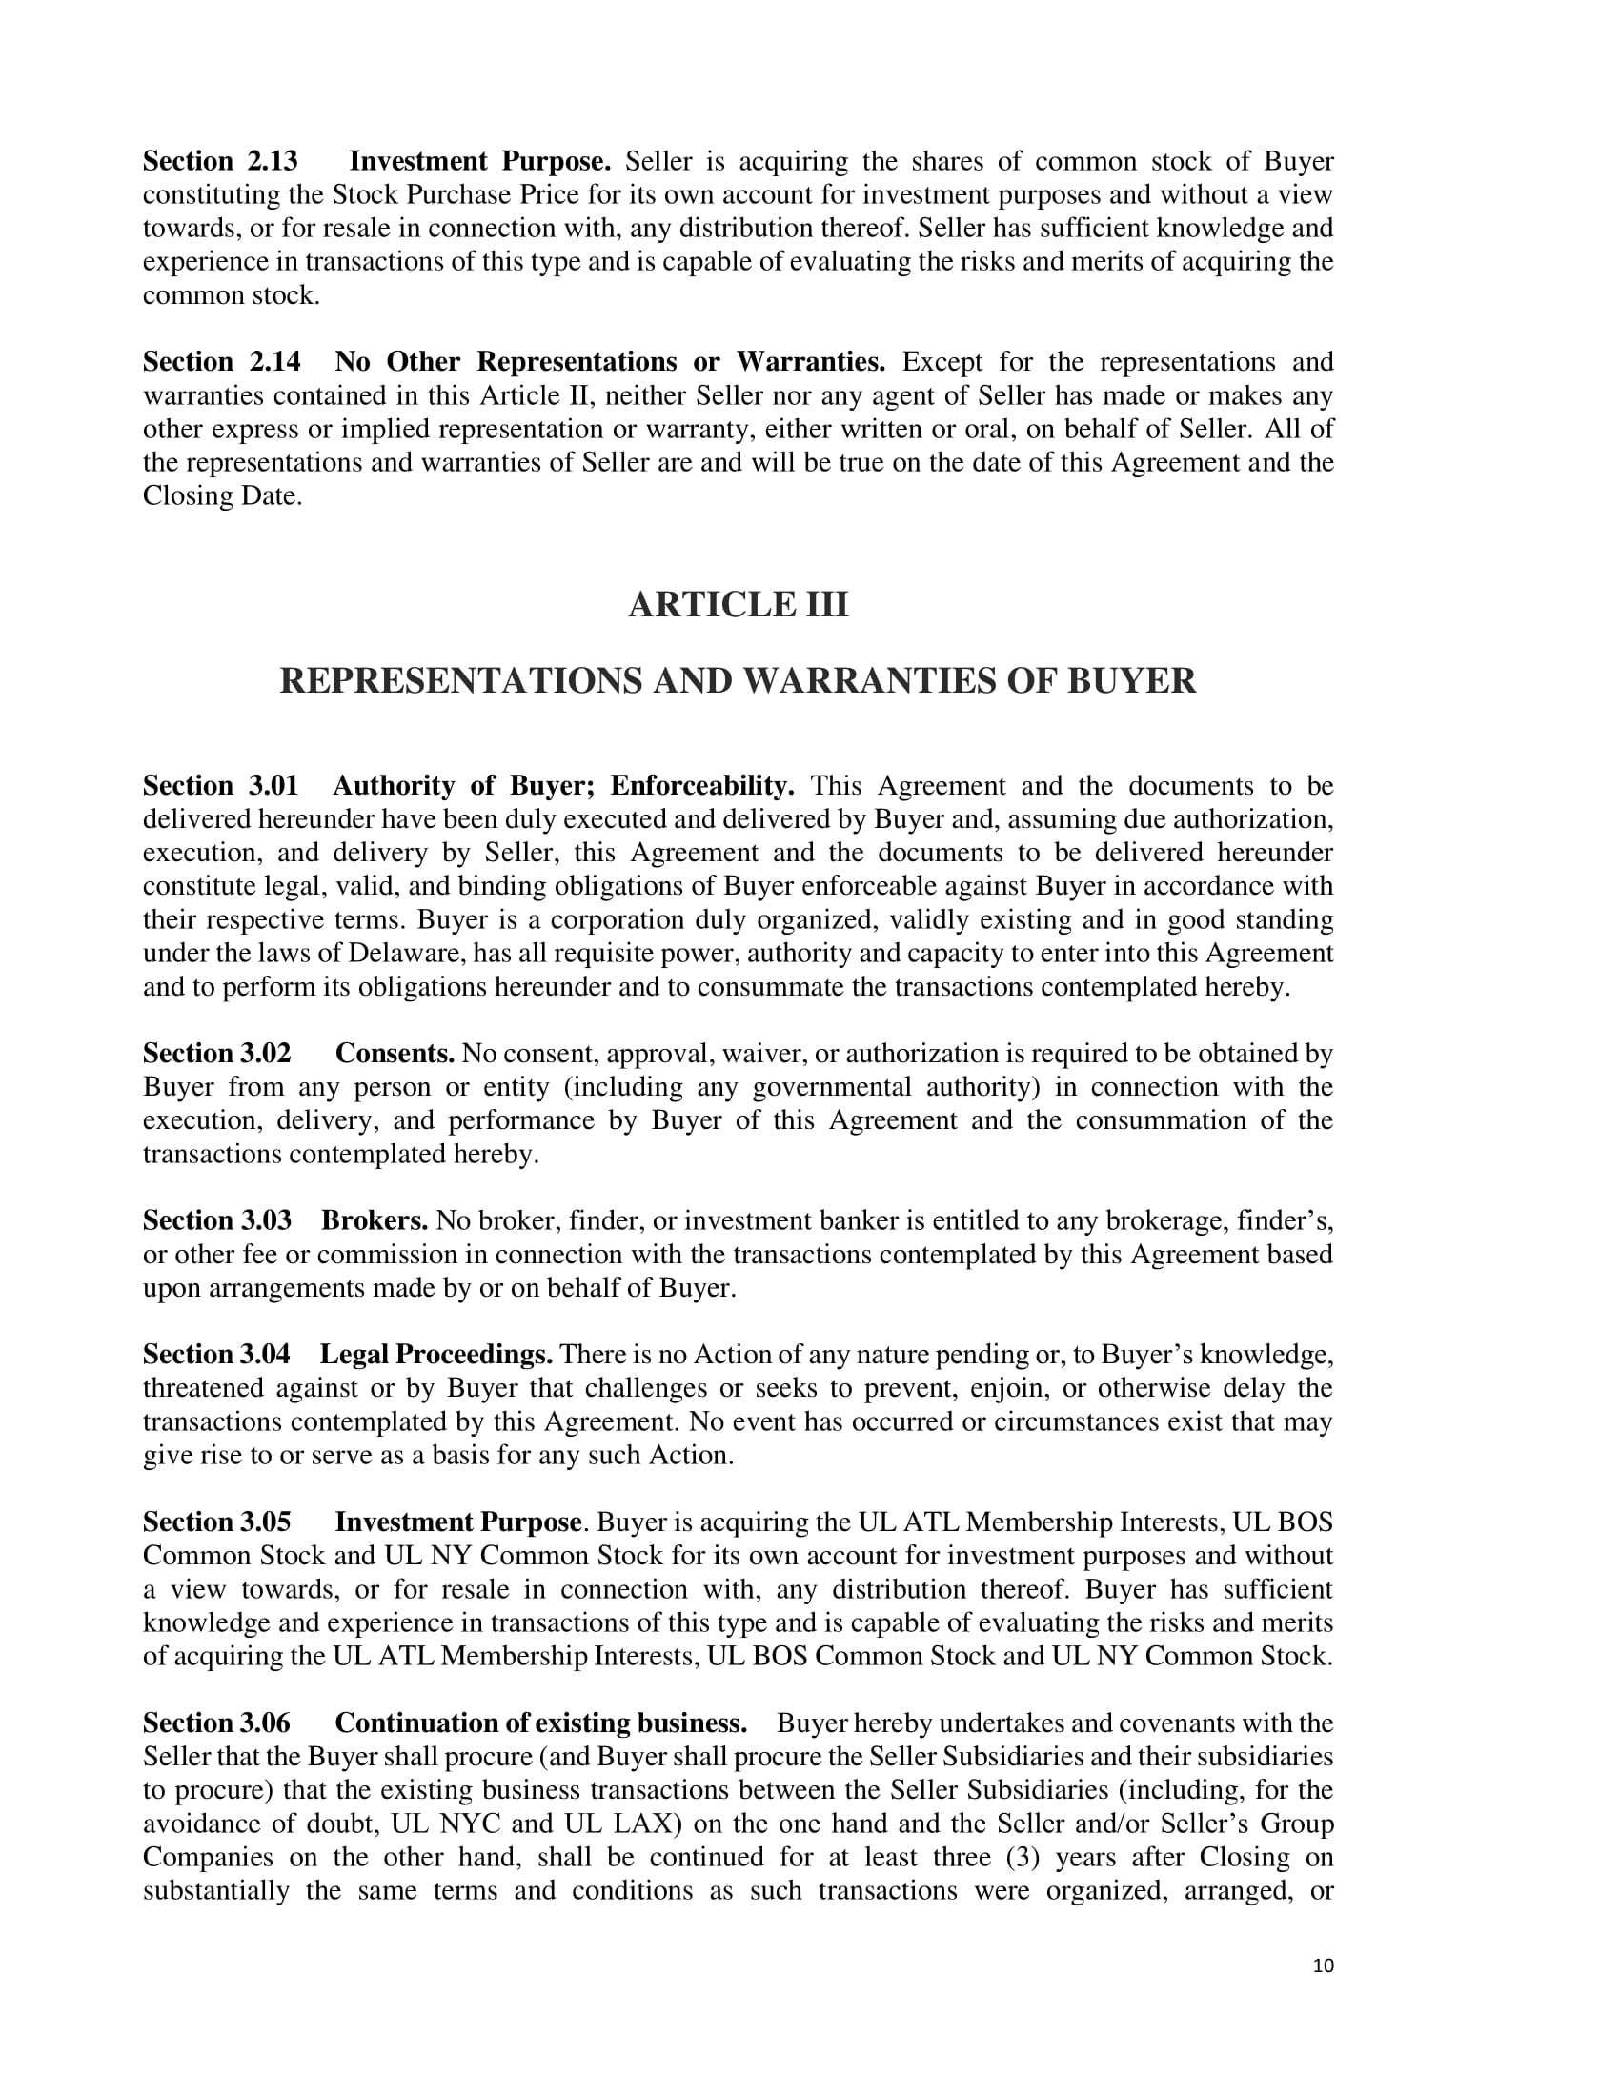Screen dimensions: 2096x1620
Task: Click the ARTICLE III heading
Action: point(738,605)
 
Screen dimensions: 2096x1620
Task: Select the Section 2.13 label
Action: point(220,161)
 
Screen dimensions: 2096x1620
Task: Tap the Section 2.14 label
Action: point(221,362)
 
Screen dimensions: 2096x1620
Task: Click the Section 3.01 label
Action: point(220,786)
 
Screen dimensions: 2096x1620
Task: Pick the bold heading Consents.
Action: point(395,1054)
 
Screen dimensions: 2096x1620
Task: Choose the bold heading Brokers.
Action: point(375,1220)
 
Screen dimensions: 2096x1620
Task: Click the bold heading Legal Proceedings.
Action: point(435,1354)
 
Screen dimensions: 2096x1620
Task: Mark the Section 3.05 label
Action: point(216,1522)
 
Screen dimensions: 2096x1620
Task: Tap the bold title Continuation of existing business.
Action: point(540,1723)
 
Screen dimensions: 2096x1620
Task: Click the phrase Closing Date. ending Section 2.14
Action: point(223,496)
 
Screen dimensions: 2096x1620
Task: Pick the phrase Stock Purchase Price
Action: point(456,194)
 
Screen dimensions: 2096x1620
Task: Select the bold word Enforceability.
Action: point(701,786)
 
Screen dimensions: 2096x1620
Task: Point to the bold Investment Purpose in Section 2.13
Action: point(479,161)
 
